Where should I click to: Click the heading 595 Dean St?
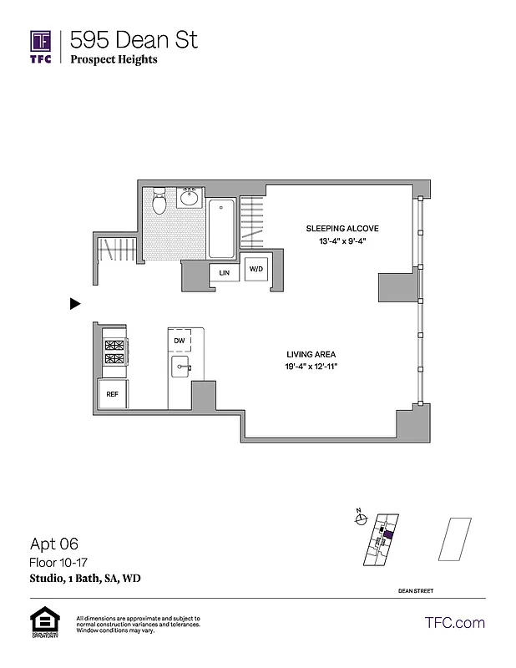tap(134, 38)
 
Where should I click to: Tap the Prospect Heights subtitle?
tap(114, 59)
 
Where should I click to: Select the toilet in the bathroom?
tap(160, 200)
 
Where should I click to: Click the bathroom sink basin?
tap(189, 199)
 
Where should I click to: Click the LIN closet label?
tap(224, 273)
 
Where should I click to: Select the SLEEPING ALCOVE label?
tap(342, 228)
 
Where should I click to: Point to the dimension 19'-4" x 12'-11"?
tap(311, 367)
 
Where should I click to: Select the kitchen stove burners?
tap(114, 352)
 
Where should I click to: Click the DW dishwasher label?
tap(179, 341)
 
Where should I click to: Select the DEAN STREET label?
tap(416, 591)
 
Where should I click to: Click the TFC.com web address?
tap(455, 623)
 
